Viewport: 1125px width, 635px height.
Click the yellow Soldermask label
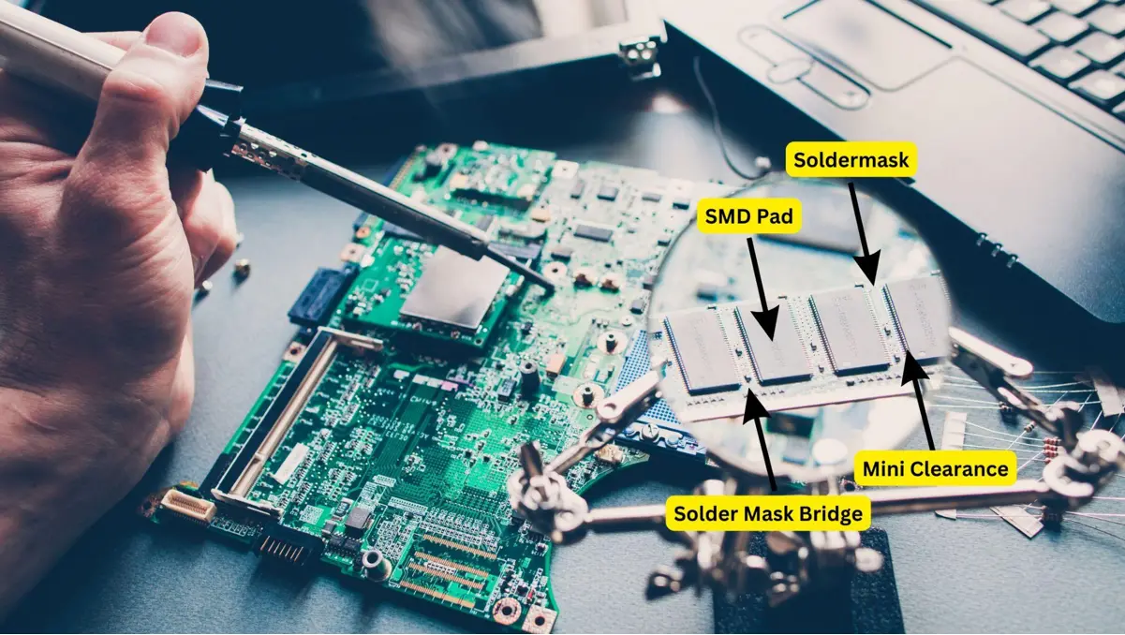(851, 160)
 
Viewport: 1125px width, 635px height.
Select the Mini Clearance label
(935, 467)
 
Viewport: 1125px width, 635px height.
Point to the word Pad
(776, 219)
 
